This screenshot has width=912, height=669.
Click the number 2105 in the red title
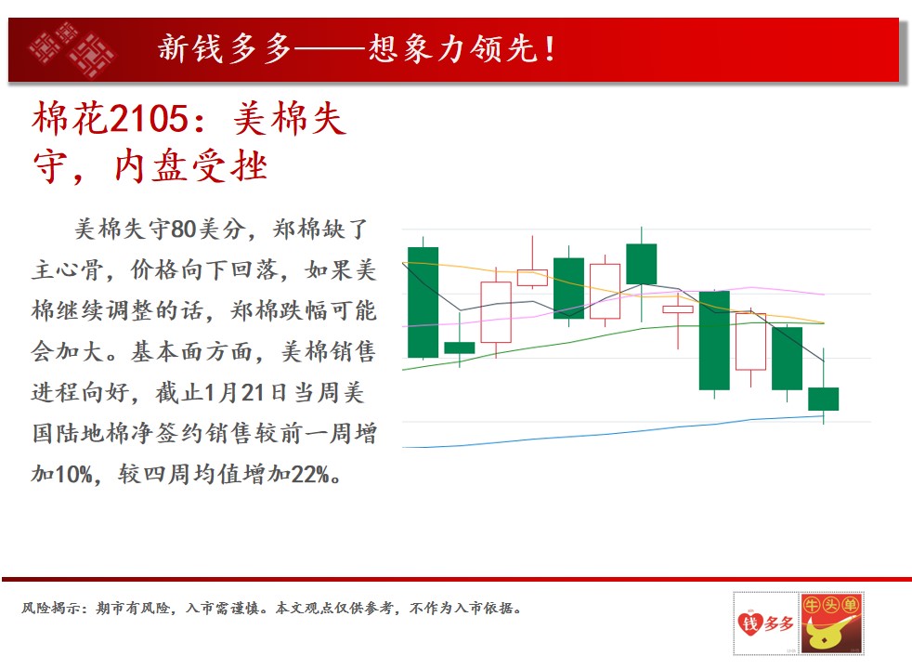coord(149,119)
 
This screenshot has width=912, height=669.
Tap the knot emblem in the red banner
coord(72,49)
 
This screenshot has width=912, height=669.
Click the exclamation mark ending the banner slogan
coord(550,48)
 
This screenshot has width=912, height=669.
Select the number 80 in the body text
coord(183,230)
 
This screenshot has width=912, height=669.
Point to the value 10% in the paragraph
coord(74,474)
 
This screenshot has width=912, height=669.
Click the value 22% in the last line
coord(310,474)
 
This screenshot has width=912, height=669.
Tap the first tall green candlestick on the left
coord(423,302)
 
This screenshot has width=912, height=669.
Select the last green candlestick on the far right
coord(824,399)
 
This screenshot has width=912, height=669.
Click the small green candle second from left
coord(460,348)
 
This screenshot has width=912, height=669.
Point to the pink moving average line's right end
coord(824,295)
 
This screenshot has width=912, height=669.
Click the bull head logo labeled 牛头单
coord(831,623)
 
